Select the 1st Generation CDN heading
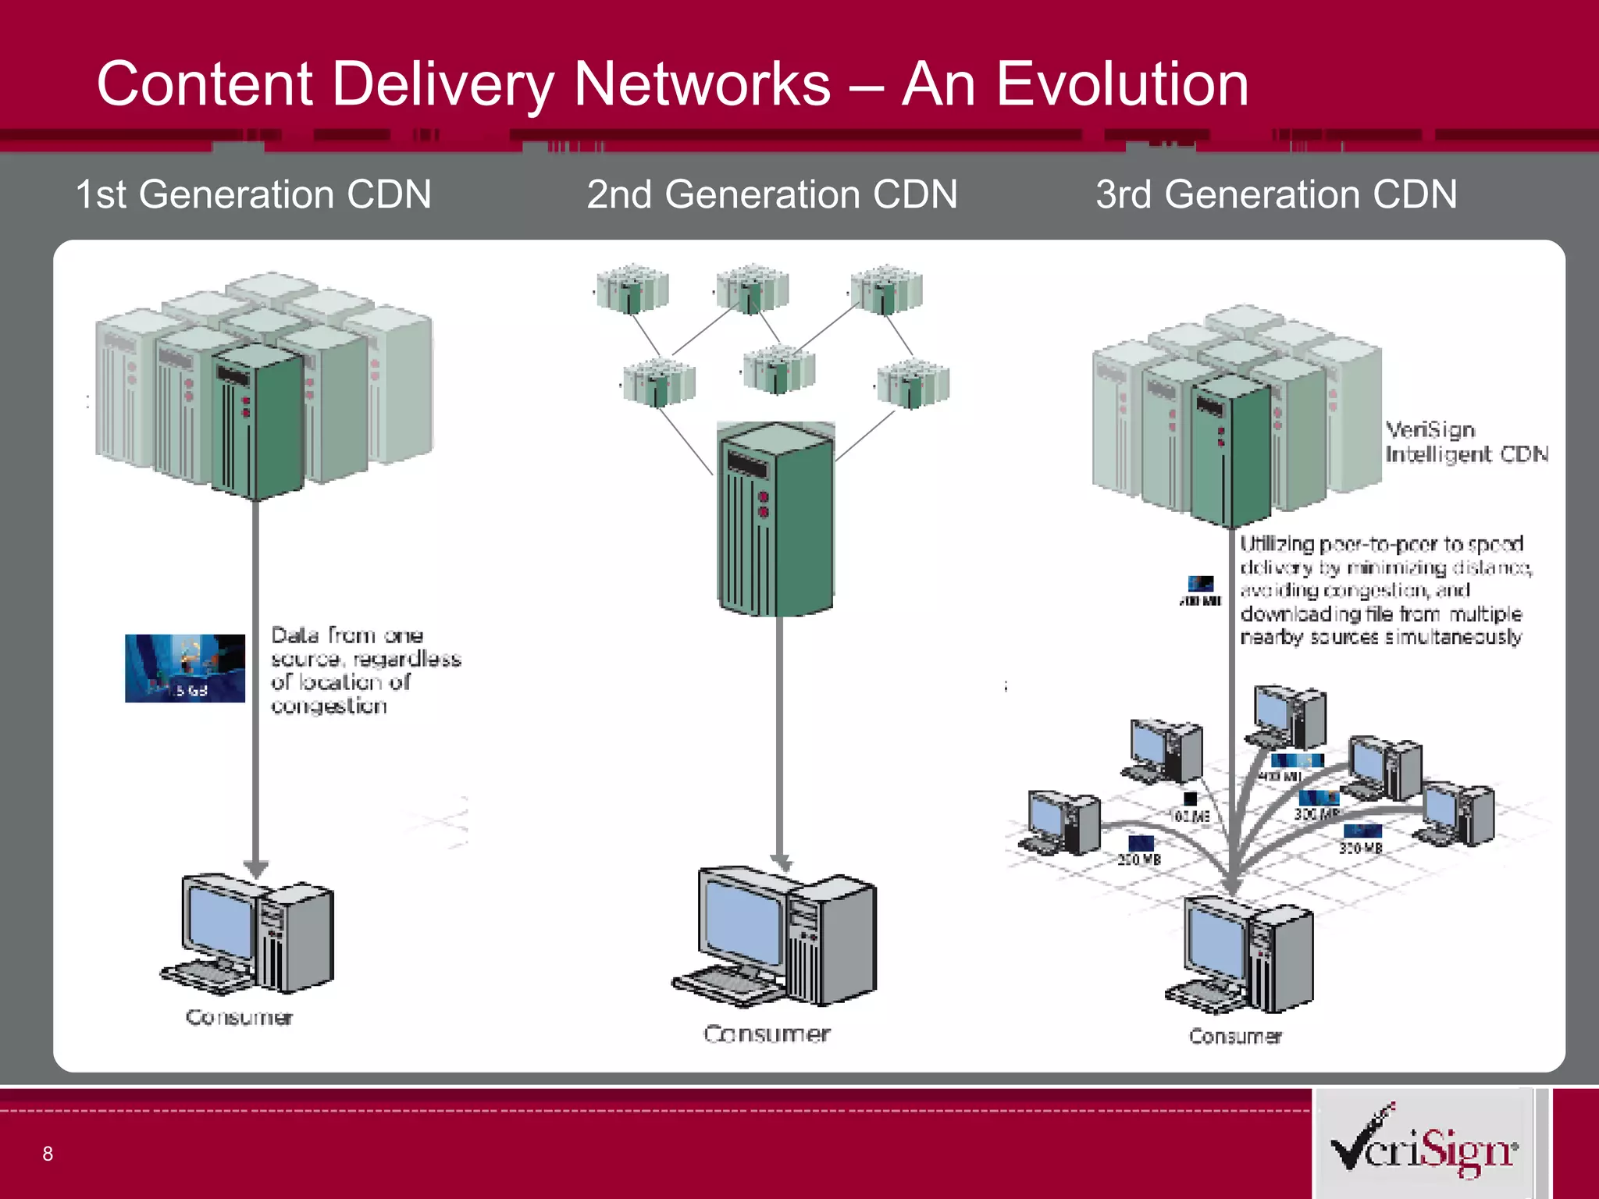[x=253, y=194]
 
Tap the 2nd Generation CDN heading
[x=771, y=194]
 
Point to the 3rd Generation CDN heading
[x=1276, y=194]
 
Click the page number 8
[x=48, y=1154]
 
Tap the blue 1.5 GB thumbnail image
[x=185, y=668]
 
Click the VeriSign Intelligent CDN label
[x=1465, y=442]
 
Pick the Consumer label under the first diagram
[x=239, y=1017]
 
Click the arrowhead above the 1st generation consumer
[x=255, y=867]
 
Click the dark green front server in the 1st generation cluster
[x=257, y=422]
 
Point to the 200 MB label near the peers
[x=1139, y=859]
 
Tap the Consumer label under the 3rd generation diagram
[x=1234, y=1037]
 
